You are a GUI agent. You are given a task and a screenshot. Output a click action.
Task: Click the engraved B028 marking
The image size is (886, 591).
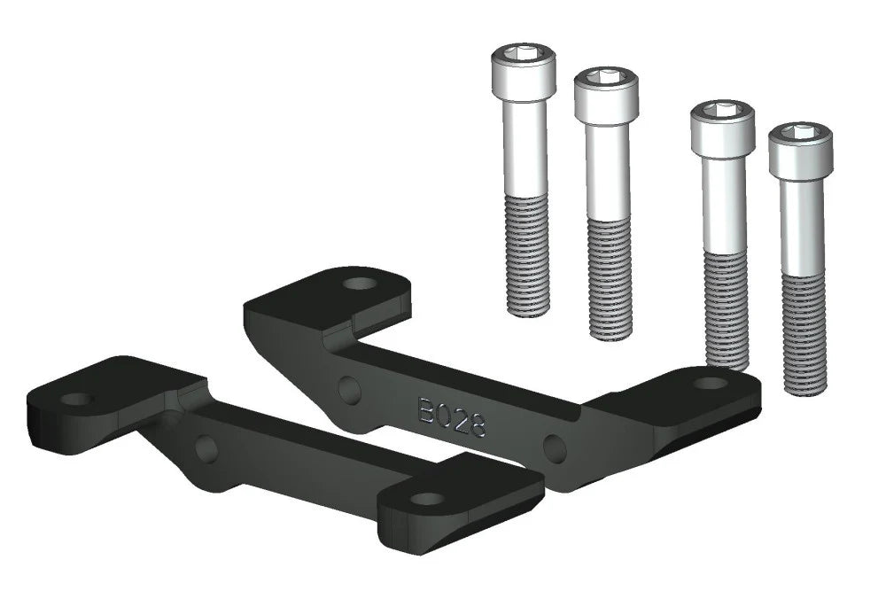(451, 416)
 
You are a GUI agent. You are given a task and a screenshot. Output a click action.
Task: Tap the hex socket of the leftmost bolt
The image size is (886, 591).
(524, 55)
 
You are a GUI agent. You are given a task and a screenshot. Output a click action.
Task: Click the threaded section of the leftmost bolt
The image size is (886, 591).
(526, 254)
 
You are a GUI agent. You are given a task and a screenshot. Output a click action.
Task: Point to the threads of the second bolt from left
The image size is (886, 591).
(610, 279)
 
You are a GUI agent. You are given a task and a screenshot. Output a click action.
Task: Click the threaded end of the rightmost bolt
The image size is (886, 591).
(804, 334)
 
